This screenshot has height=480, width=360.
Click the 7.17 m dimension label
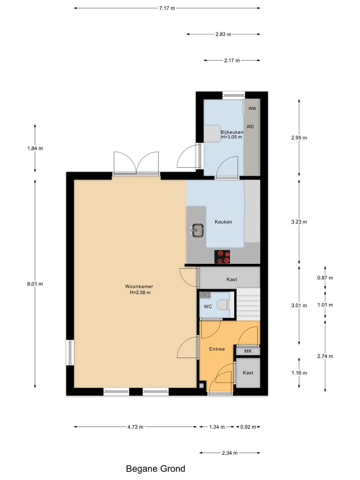coord(167,8)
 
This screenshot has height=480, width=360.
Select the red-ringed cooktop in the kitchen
coord(222,257)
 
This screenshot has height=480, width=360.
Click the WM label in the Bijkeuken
coord(252,109)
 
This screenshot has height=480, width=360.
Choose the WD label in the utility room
coord(250,127)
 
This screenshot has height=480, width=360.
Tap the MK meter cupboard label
coord(248,351)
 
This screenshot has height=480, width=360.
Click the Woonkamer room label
coord(139,286)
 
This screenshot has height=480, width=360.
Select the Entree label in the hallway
coord(217,349)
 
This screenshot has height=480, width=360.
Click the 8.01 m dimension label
coord(35,284)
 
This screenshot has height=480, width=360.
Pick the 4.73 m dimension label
coord(135,427)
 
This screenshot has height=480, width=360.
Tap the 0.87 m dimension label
coord(325,278)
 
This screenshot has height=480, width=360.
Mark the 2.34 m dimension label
coord(230,453)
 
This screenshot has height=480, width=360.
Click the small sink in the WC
coord(205,295)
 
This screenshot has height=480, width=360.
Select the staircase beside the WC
coord(248,304)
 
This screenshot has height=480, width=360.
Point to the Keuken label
coord(223,222)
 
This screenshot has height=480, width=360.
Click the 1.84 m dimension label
coord(35,148)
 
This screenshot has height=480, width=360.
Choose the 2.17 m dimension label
coord(232,61)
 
